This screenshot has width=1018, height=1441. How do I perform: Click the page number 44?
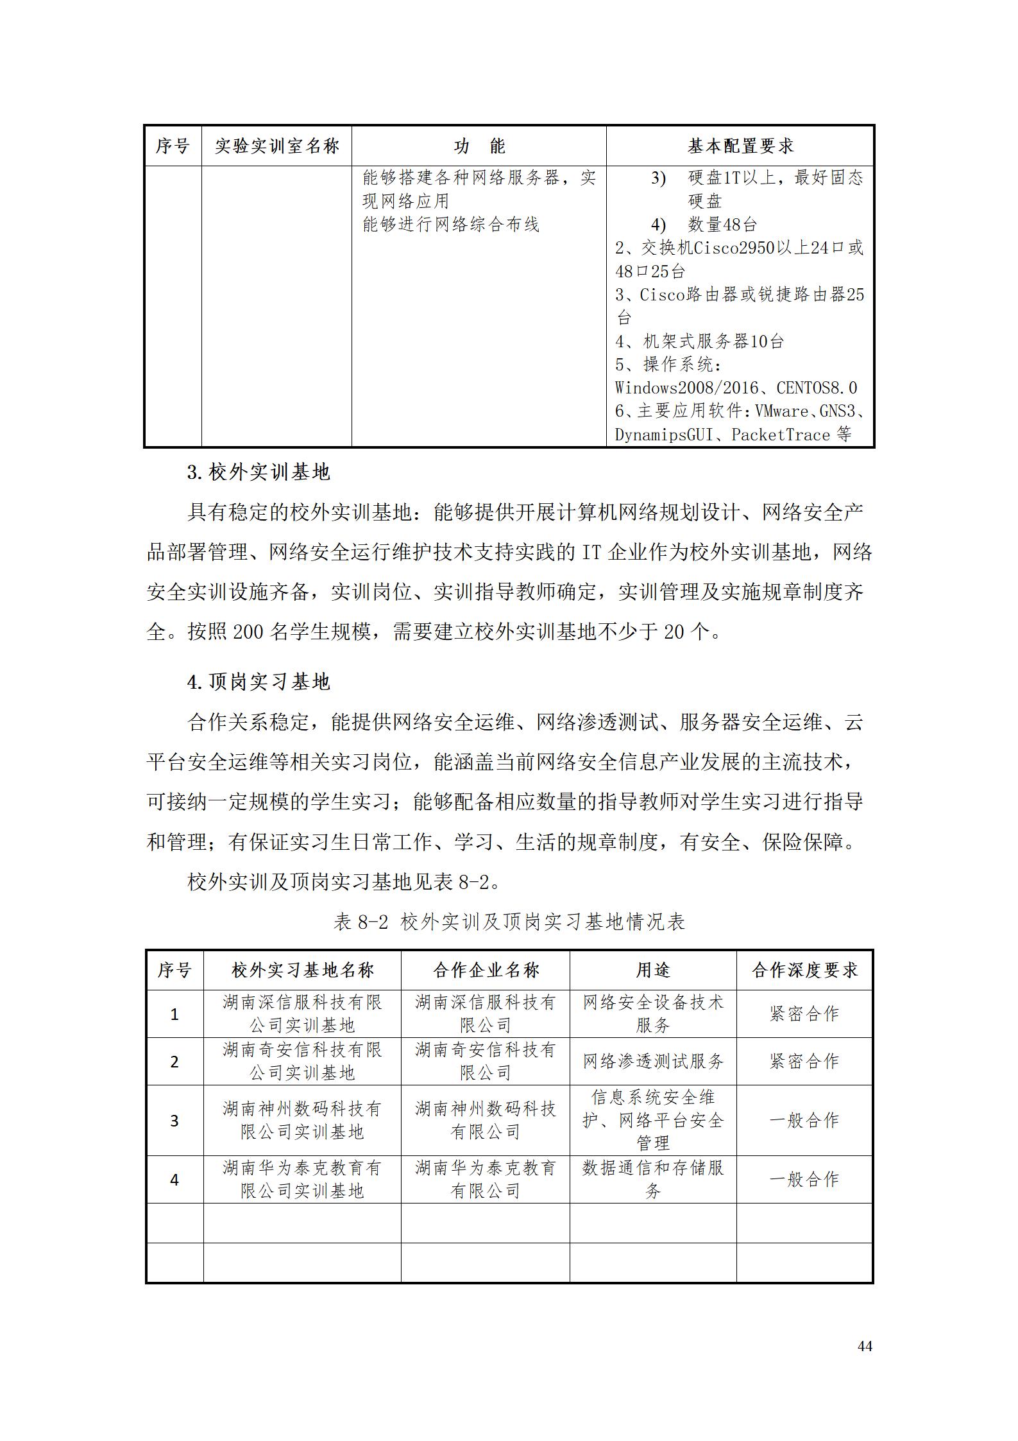[x=864, y=1346]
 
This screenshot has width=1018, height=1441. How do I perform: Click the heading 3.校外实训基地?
[x=259, y=472]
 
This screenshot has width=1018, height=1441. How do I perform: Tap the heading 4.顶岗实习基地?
[x=259, y=682]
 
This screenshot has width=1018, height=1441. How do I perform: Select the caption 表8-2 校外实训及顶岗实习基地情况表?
[x=509, y=922]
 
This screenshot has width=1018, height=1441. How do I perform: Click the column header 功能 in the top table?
[x=479, y=146]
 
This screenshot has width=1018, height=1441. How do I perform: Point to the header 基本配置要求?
[x=740, y=146]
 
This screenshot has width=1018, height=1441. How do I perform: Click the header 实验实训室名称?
[x=276, y=146]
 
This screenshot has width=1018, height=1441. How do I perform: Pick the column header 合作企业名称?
[x=486, y=970]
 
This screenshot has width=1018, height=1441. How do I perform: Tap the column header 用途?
[x=653, y=970]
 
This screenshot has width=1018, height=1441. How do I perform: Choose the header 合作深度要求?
[x=804, y=970]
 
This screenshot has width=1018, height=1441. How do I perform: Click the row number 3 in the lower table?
[x=174, y=1121]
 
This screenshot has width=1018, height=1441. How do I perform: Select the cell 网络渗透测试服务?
[x=653, y=1062]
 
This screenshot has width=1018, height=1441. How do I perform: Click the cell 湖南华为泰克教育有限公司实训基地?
[x=302, y=1180]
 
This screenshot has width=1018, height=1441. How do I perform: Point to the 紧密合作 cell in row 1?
[x=804, y=1014]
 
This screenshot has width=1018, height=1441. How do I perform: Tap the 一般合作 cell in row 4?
[x=804, y=1180]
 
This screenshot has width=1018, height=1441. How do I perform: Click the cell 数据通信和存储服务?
[x=653, y=1180]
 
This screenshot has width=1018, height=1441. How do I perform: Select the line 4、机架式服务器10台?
[x=699, y=341]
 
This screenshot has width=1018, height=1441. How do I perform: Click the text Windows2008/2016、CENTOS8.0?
[x=736, y=388]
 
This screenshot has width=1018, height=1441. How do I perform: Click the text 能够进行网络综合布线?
[x=451, y=225]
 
